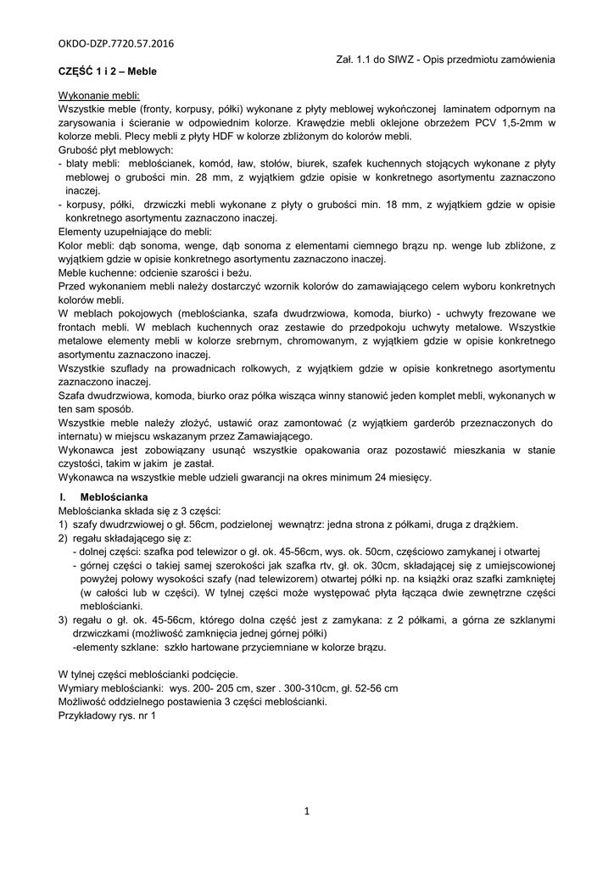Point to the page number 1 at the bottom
[306, 811]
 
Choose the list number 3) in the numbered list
[63, 620]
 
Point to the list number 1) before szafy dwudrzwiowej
[63, 524]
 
